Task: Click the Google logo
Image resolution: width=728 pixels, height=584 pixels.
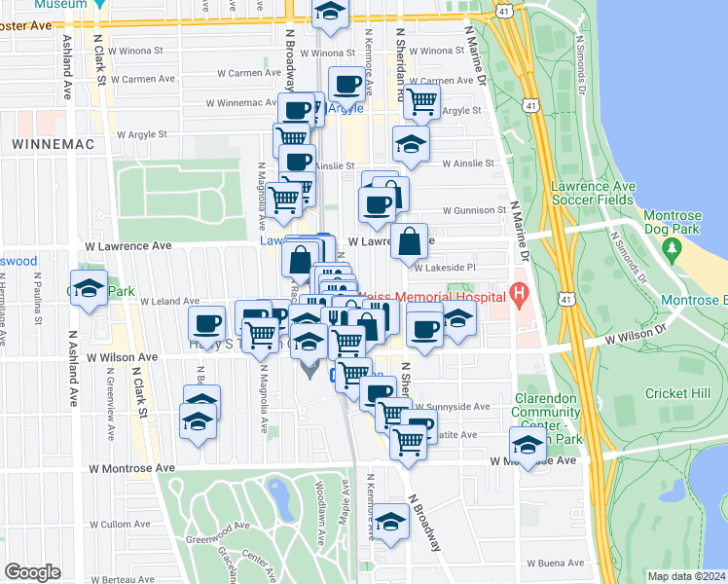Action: coord(32,572)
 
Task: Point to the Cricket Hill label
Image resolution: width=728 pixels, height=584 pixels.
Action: coord(677,393)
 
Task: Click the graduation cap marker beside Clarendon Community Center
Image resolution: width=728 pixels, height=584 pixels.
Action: coord(528,445)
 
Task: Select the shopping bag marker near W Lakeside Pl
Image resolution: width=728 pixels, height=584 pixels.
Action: coord(410,239)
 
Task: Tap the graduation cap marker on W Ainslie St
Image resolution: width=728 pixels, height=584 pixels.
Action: coord(411,143)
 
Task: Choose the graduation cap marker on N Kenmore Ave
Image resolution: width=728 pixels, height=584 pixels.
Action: coord(390,523)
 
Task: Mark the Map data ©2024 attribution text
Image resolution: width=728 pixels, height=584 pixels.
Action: coord(687,576)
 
